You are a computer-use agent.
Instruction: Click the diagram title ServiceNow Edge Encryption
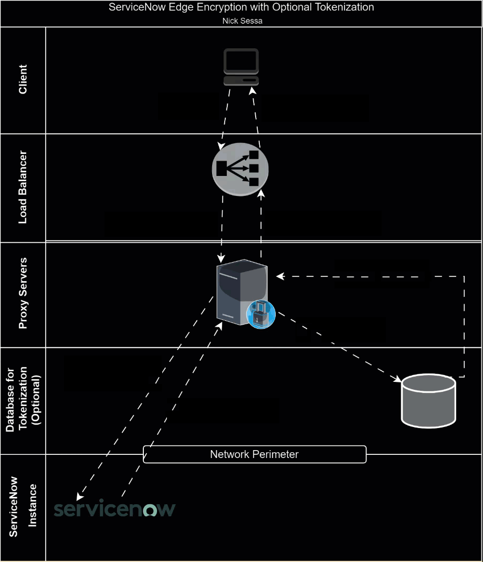pyautogui.click(x=241, y=8)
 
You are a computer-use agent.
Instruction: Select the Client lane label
pyautogui.click(x=23, y=80)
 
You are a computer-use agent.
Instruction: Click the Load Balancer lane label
pyautogui.click(x=23, y=188)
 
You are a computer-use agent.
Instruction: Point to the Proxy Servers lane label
pyautogui.click(x=23, y=294)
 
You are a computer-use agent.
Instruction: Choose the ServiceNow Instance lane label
pyautogui.click(x=23, y=507)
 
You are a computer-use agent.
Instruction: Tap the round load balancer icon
pyautogui.click(x=240, y=169)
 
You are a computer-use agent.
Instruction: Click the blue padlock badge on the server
pyautogui.click(x=261, y=315)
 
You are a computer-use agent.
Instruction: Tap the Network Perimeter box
pyautogui.click(x=254, y=454)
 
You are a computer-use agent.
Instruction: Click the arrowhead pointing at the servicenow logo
pyautogui.click(x=80, y=497)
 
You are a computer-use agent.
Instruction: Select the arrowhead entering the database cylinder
pyautogui.click(x=398, y=379)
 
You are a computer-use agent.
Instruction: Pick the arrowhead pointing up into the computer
pyautogui.click(x=252, y=90)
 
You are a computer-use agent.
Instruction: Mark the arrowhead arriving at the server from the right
pyautogui.click(x=279, y=276)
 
